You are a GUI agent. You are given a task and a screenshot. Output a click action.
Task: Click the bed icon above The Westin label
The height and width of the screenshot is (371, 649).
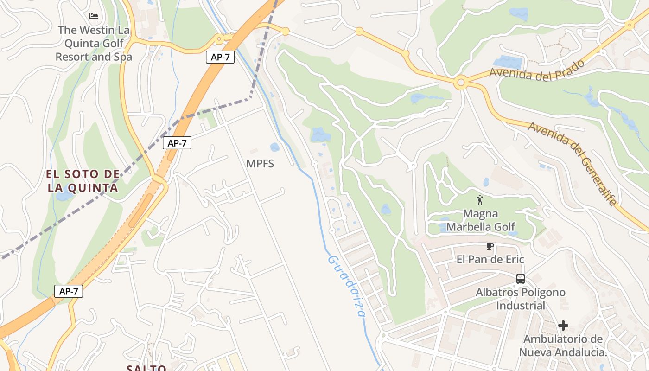point(94,16)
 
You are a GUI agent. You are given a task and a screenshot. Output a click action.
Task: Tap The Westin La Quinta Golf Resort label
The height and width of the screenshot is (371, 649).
point(94,44)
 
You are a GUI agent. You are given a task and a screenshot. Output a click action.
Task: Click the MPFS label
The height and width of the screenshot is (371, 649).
point(260,164)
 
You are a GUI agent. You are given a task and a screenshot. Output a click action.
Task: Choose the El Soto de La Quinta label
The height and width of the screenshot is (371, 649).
point(83,181)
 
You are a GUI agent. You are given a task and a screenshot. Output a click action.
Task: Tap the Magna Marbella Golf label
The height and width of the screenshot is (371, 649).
point(480,220)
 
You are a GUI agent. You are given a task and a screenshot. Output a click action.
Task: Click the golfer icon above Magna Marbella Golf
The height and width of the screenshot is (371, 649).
point(480,200)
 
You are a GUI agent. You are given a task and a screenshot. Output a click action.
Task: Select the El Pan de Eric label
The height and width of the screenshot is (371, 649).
point(490,259)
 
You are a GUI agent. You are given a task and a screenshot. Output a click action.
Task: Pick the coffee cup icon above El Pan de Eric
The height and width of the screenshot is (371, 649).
point(490,246)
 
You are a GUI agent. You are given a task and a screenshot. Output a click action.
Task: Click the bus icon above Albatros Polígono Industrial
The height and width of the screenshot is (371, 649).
point(521,279)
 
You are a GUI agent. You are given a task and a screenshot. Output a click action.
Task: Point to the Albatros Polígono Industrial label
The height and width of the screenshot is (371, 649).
point(521,299)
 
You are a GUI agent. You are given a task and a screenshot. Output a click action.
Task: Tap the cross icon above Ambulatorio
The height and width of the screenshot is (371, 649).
point(563,326)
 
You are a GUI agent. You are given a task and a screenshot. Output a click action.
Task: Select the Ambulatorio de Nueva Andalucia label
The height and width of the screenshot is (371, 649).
point(563,346)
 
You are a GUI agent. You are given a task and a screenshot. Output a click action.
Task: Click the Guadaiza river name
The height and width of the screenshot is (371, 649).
point(346,286)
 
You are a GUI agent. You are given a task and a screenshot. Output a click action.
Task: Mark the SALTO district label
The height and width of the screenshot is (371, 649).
point(146,368)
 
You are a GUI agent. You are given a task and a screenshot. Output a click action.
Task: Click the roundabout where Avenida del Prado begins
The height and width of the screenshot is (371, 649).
point(460,83)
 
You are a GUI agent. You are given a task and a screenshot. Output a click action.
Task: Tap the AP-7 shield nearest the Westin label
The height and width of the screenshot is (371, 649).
point(220,58)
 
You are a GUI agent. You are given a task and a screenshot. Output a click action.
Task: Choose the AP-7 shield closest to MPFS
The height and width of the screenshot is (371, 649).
point(177,143)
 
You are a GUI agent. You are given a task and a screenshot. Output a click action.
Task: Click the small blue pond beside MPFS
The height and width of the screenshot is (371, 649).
point(275,147)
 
